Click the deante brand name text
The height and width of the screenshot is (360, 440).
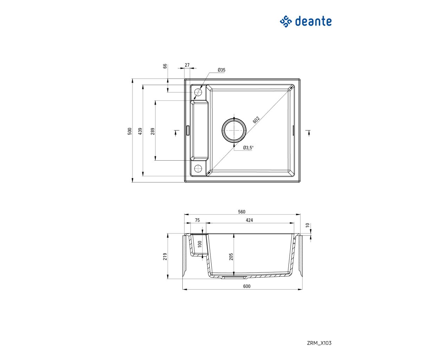click(x=313, y=21)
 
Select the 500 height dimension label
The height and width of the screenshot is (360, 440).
click(x=130, y=131)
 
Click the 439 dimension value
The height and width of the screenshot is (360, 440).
click(x=140, y=131)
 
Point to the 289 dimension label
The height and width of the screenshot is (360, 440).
click(x=153, y=131)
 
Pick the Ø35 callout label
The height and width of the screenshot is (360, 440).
click(x=221, y=70)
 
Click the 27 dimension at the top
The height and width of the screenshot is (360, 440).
click(x=187, y=65)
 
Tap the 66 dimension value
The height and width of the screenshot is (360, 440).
click(x=165, y=66)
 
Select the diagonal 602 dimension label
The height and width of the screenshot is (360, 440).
click(x=256, y=120)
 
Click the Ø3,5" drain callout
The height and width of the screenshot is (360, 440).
click(x=248, y=148)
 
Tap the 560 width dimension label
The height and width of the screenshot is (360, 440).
click(x=241, y=212)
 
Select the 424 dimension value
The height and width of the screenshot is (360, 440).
click(x=249, y=220)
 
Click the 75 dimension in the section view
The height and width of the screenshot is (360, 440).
click(x=197, y=220)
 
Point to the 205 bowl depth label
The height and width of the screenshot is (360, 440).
click(x=231, y=257)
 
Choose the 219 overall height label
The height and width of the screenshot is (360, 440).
click(x=165, y=257)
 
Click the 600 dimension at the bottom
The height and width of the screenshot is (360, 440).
click(x=247, y=286)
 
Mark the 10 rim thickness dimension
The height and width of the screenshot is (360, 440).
click(x=307, y=225)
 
